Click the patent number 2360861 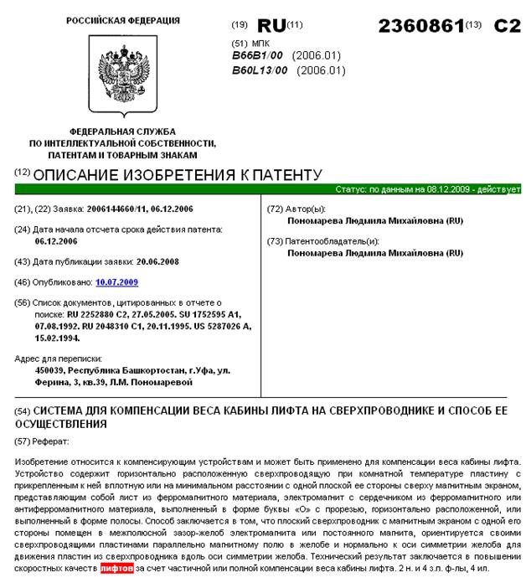coord(420,24)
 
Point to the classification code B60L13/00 coord(260,70)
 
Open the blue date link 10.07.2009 coord(117,282)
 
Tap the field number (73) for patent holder coord(274,240)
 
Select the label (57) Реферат coord(47,440)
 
